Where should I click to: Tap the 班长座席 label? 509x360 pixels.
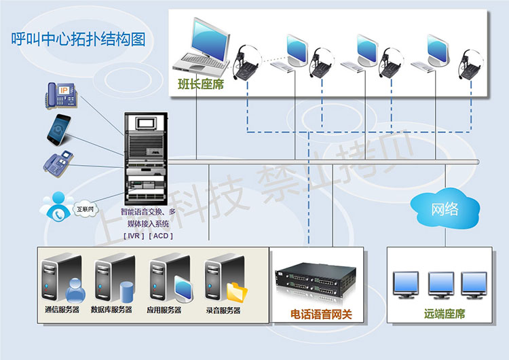pos(200,84)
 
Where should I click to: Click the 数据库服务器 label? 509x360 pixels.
pos(111,310)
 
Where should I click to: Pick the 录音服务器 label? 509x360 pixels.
pos(222,310)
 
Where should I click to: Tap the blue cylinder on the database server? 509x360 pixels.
pos(126,290)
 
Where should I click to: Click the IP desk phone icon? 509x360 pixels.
pos(61,93)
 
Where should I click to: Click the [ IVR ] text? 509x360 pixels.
pos(134,235)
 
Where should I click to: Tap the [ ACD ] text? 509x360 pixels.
pos(160,235)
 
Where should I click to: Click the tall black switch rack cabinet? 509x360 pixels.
pos(146,157)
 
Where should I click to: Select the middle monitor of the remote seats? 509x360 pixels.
pos(441,284)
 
